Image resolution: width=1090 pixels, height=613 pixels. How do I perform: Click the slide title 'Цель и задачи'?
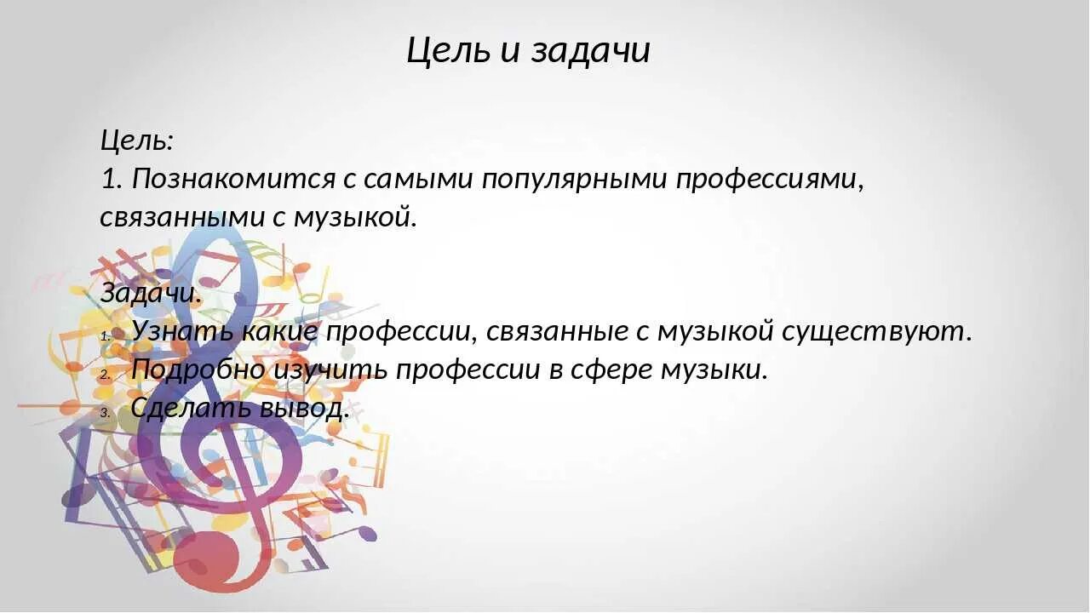coord(528,50)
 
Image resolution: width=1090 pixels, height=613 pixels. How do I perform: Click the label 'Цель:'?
coord(137,140)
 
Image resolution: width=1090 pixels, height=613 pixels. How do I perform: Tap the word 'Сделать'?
coord(187,409)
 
